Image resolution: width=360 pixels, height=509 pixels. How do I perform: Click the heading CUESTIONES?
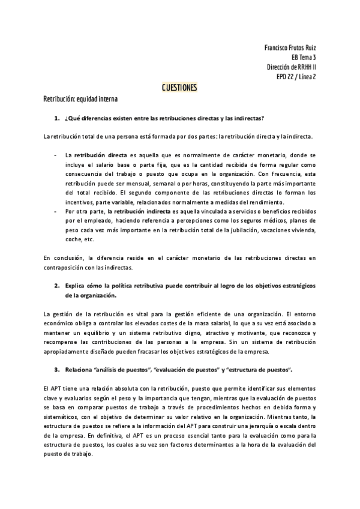click(x=179, y=88)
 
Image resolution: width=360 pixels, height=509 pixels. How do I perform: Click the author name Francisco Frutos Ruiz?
click(x=290, y=47)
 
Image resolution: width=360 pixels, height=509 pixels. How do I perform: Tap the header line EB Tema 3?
click(x=304, y=57)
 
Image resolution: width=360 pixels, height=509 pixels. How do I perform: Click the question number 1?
click(x=56, y=118)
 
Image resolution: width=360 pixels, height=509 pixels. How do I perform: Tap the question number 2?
click(x=56, y=284)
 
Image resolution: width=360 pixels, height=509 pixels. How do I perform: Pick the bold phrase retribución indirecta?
click(x=142, y=211)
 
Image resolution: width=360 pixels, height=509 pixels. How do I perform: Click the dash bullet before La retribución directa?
click(x=55, y=154)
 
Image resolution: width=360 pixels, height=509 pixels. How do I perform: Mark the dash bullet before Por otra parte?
click(x=55, y=211)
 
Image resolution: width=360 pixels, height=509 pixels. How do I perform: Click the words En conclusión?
click(x=64, y=258)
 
